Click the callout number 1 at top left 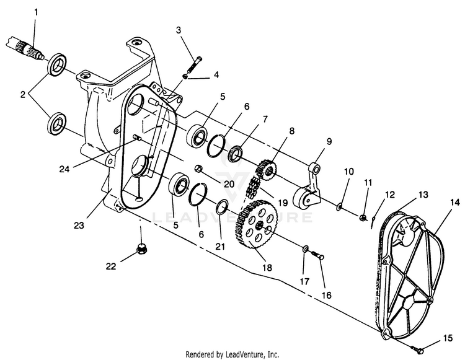tap(36, 13)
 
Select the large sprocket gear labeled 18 tap(256, 227)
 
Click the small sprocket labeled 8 tap(266, 170)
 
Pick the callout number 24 tap(64, 169)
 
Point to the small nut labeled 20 tap(198, 169)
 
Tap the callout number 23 tap(79, 226)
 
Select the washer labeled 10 tap(339, 206)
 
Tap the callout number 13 tap(423, 195)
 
